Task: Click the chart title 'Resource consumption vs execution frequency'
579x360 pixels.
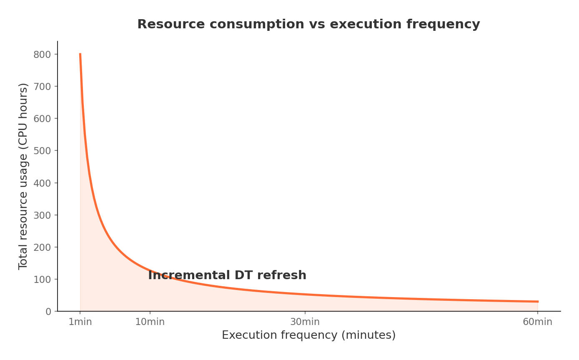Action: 308,25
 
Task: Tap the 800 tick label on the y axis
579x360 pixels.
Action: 42,55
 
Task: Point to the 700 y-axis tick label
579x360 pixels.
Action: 42,87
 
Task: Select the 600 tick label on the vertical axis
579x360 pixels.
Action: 42,119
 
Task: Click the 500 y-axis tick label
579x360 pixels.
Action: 42,151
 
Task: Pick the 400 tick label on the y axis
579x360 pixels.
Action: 42,183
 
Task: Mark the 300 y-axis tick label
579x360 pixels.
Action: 42,215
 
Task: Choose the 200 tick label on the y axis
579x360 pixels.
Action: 42,247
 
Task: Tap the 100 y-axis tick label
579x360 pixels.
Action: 42,279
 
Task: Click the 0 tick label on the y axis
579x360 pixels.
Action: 48,311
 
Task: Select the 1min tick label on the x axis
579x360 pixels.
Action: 80,322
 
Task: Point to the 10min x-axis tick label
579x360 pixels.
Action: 150,322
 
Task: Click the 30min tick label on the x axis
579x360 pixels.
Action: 305,322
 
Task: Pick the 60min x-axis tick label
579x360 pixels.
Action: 537,322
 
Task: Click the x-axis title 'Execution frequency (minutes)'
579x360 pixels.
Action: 308,335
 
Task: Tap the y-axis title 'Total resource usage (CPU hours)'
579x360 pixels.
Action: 23,176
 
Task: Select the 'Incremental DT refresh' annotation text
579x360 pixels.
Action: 227,275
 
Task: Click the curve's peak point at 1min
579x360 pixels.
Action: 80,54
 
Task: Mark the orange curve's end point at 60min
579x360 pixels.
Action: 538,301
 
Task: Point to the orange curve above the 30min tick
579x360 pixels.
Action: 305,294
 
